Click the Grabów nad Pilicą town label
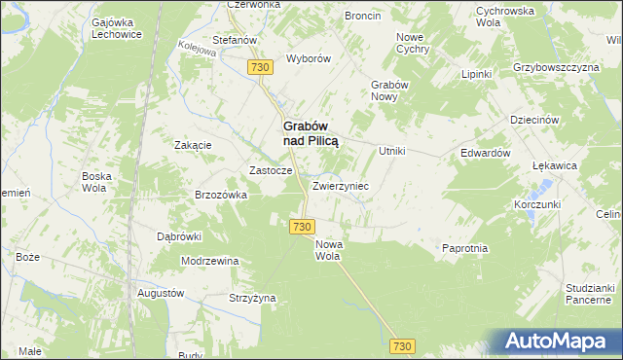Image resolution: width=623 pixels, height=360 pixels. (x=311, y=133)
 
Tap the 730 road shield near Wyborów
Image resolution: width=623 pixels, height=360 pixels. (x=259, y=67)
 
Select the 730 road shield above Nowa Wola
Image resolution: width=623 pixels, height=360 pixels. (x=301, y=226)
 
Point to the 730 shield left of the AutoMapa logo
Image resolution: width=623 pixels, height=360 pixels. (x=403, y=346)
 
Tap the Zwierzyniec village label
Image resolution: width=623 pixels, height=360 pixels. (x=340, y=185)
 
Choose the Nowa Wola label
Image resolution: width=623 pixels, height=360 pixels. (x=328, y=251)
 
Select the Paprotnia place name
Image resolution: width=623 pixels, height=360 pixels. (x=464, y=248)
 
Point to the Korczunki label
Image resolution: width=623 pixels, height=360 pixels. (x=536, y=206)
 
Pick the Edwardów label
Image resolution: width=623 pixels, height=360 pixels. (x=486, y=154)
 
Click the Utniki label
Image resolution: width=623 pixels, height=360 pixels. (x=391, y=152)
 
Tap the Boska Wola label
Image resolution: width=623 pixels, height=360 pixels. (x=97, y=182)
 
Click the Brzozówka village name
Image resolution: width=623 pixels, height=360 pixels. (x=222, y=195)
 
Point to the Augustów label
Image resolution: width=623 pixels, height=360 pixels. (x=161, y=293)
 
